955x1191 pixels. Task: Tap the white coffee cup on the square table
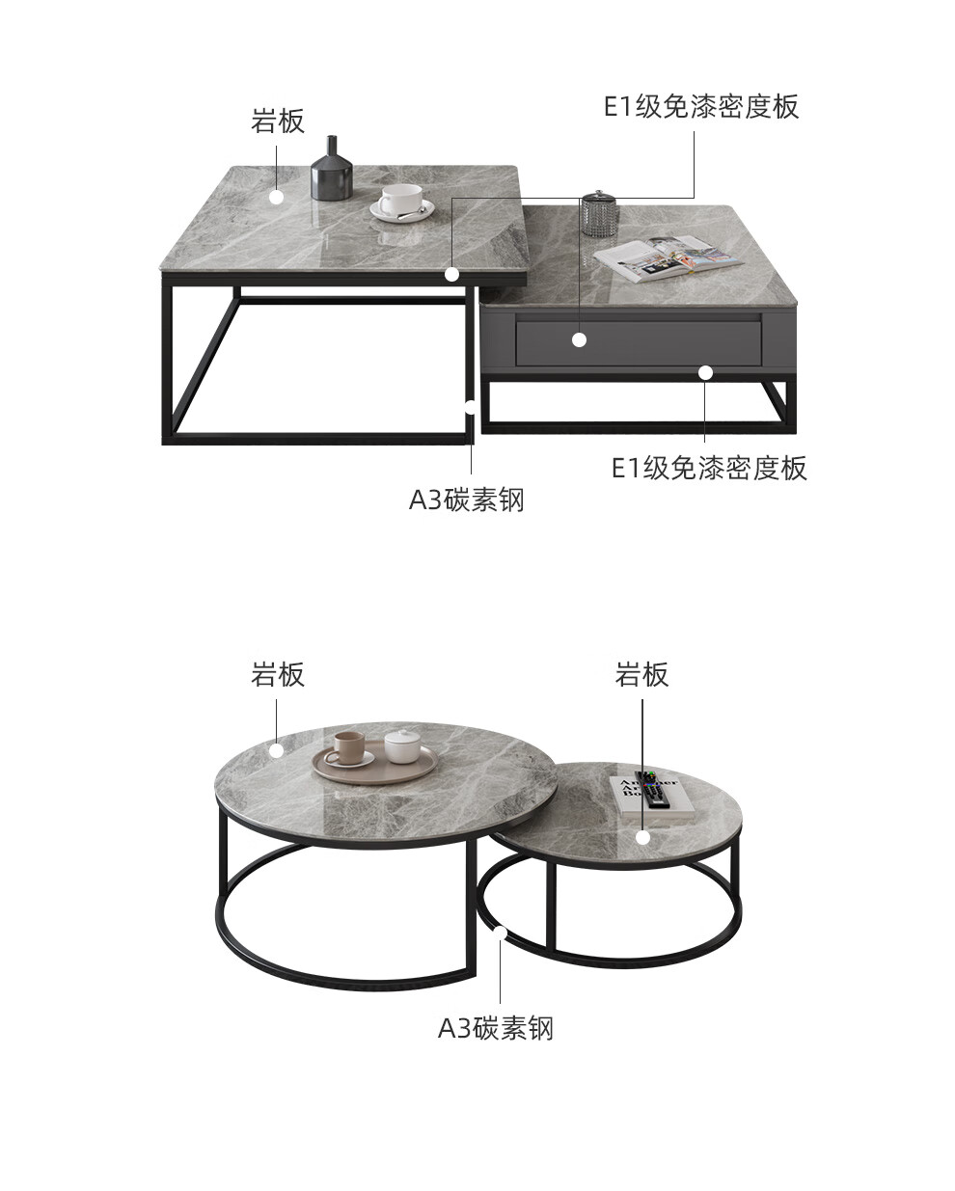[x=399, y=203]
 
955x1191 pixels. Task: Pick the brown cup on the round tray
[x=348, y=747]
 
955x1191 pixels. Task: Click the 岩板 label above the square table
[x=278, y=122]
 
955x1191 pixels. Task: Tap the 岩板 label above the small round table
[x=641, y=675]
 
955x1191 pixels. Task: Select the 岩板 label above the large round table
[x=278, y=675]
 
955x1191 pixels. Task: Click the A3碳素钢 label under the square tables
[x=467, y=500]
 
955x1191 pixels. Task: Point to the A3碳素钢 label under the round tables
[x=496, y=1028]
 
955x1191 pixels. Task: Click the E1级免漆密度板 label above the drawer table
[x=701, y=106]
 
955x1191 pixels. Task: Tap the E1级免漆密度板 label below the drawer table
[x=709, y=468]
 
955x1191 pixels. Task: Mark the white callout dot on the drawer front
[x=579, y=339]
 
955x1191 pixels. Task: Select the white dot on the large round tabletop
[x=277, y=749]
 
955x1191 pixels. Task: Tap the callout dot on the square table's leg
[x=471, y=406]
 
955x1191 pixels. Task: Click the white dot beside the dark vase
[x=277, y=197]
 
